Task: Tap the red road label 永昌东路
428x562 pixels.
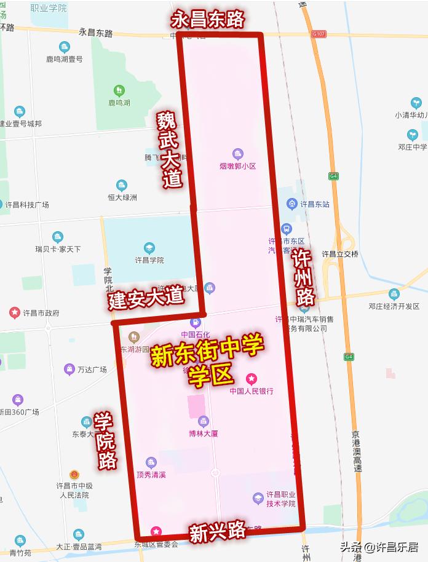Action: (x=207, y=20)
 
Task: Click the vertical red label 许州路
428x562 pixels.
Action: (x=303, y=277)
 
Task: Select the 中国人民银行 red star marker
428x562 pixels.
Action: (x=251, y=379)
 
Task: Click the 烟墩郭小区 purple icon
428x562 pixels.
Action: (x=238, y=154)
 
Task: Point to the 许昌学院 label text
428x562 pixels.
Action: (x=149, y=260)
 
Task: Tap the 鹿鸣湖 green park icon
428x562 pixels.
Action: (x=119, y=90)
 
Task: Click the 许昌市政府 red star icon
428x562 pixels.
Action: (x=14, y=313)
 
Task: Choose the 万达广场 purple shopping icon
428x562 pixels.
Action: (x=69, y=369)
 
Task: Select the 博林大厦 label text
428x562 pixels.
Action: (x=203, y=433)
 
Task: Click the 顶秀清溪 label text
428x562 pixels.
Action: (x=151, y=475)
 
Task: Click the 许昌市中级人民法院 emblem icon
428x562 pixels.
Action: (x=74, y=475)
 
